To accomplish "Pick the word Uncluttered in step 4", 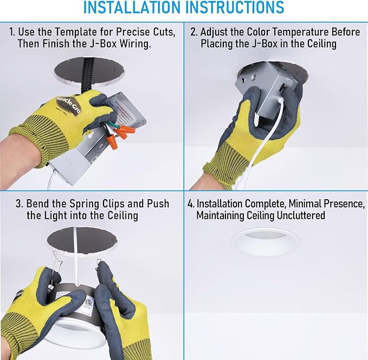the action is [x=301, y=215].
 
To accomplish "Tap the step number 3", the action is [x=20, y=204].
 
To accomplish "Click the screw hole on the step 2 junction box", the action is [x=253, y=77].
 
